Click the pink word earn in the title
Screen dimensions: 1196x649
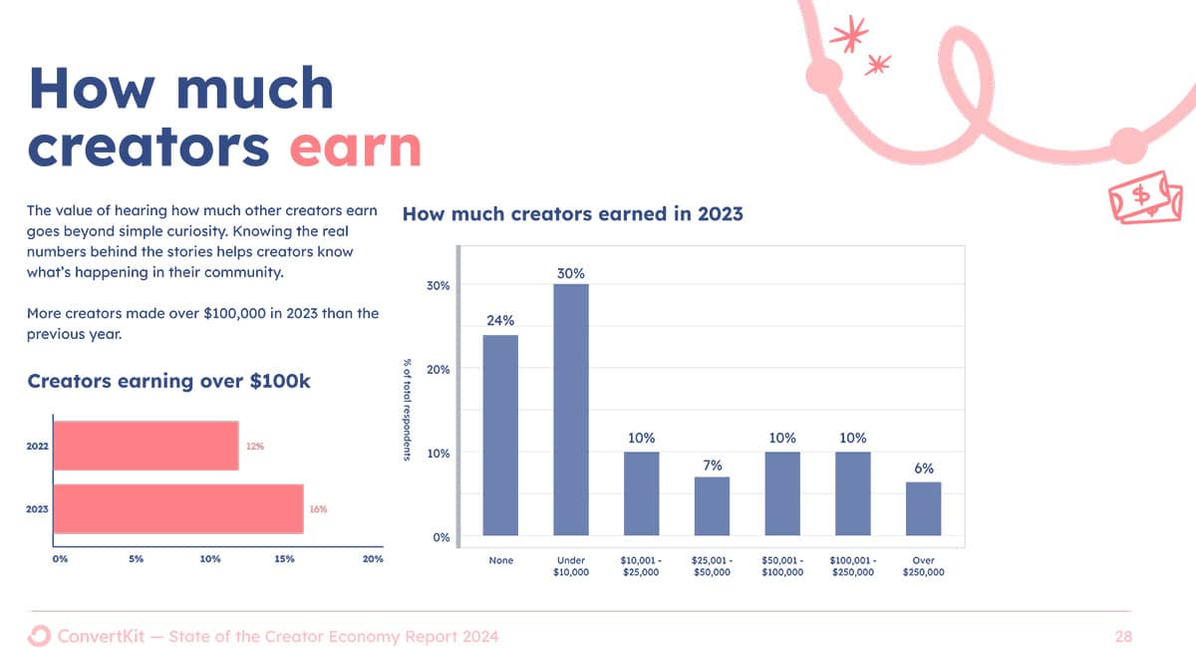click(x=356, y=148)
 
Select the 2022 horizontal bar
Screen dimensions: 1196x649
click(x=147, y=446)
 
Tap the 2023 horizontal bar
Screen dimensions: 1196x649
click(x=178, y=508)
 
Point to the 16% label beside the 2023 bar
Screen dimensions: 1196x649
click(x=318, y=509)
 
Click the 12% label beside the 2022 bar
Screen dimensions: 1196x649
click(x=255, y=446)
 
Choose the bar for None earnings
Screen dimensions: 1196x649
click(x=500, y=435)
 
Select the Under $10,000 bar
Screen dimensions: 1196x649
click(x=571, y=410)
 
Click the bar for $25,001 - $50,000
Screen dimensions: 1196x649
click(x=712, y=505)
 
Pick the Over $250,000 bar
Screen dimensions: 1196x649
click(x=923, y=508)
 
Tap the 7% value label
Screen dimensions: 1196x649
click(x=713, y=466)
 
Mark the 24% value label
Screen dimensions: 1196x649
click(x=500, y=320)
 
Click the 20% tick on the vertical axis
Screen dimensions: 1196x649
click(x=438, y=370)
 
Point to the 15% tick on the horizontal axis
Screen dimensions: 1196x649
click(x=285, y=558)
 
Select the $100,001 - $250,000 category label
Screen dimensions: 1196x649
click(x=853, y=566)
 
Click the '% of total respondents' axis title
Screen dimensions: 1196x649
click(x=407, y=410)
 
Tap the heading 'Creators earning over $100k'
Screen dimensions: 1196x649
click(x=168, y=382)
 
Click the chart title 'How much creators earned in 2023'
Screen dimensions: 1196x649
click(x=572, y=213)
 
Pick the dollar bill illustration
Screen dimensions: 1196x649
click(x=1145, y=197)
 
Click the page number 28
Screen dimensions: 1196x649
click(x=1123, y=636)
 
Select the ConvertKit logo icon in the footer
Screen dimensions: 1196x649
click(x=39, y=636)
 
